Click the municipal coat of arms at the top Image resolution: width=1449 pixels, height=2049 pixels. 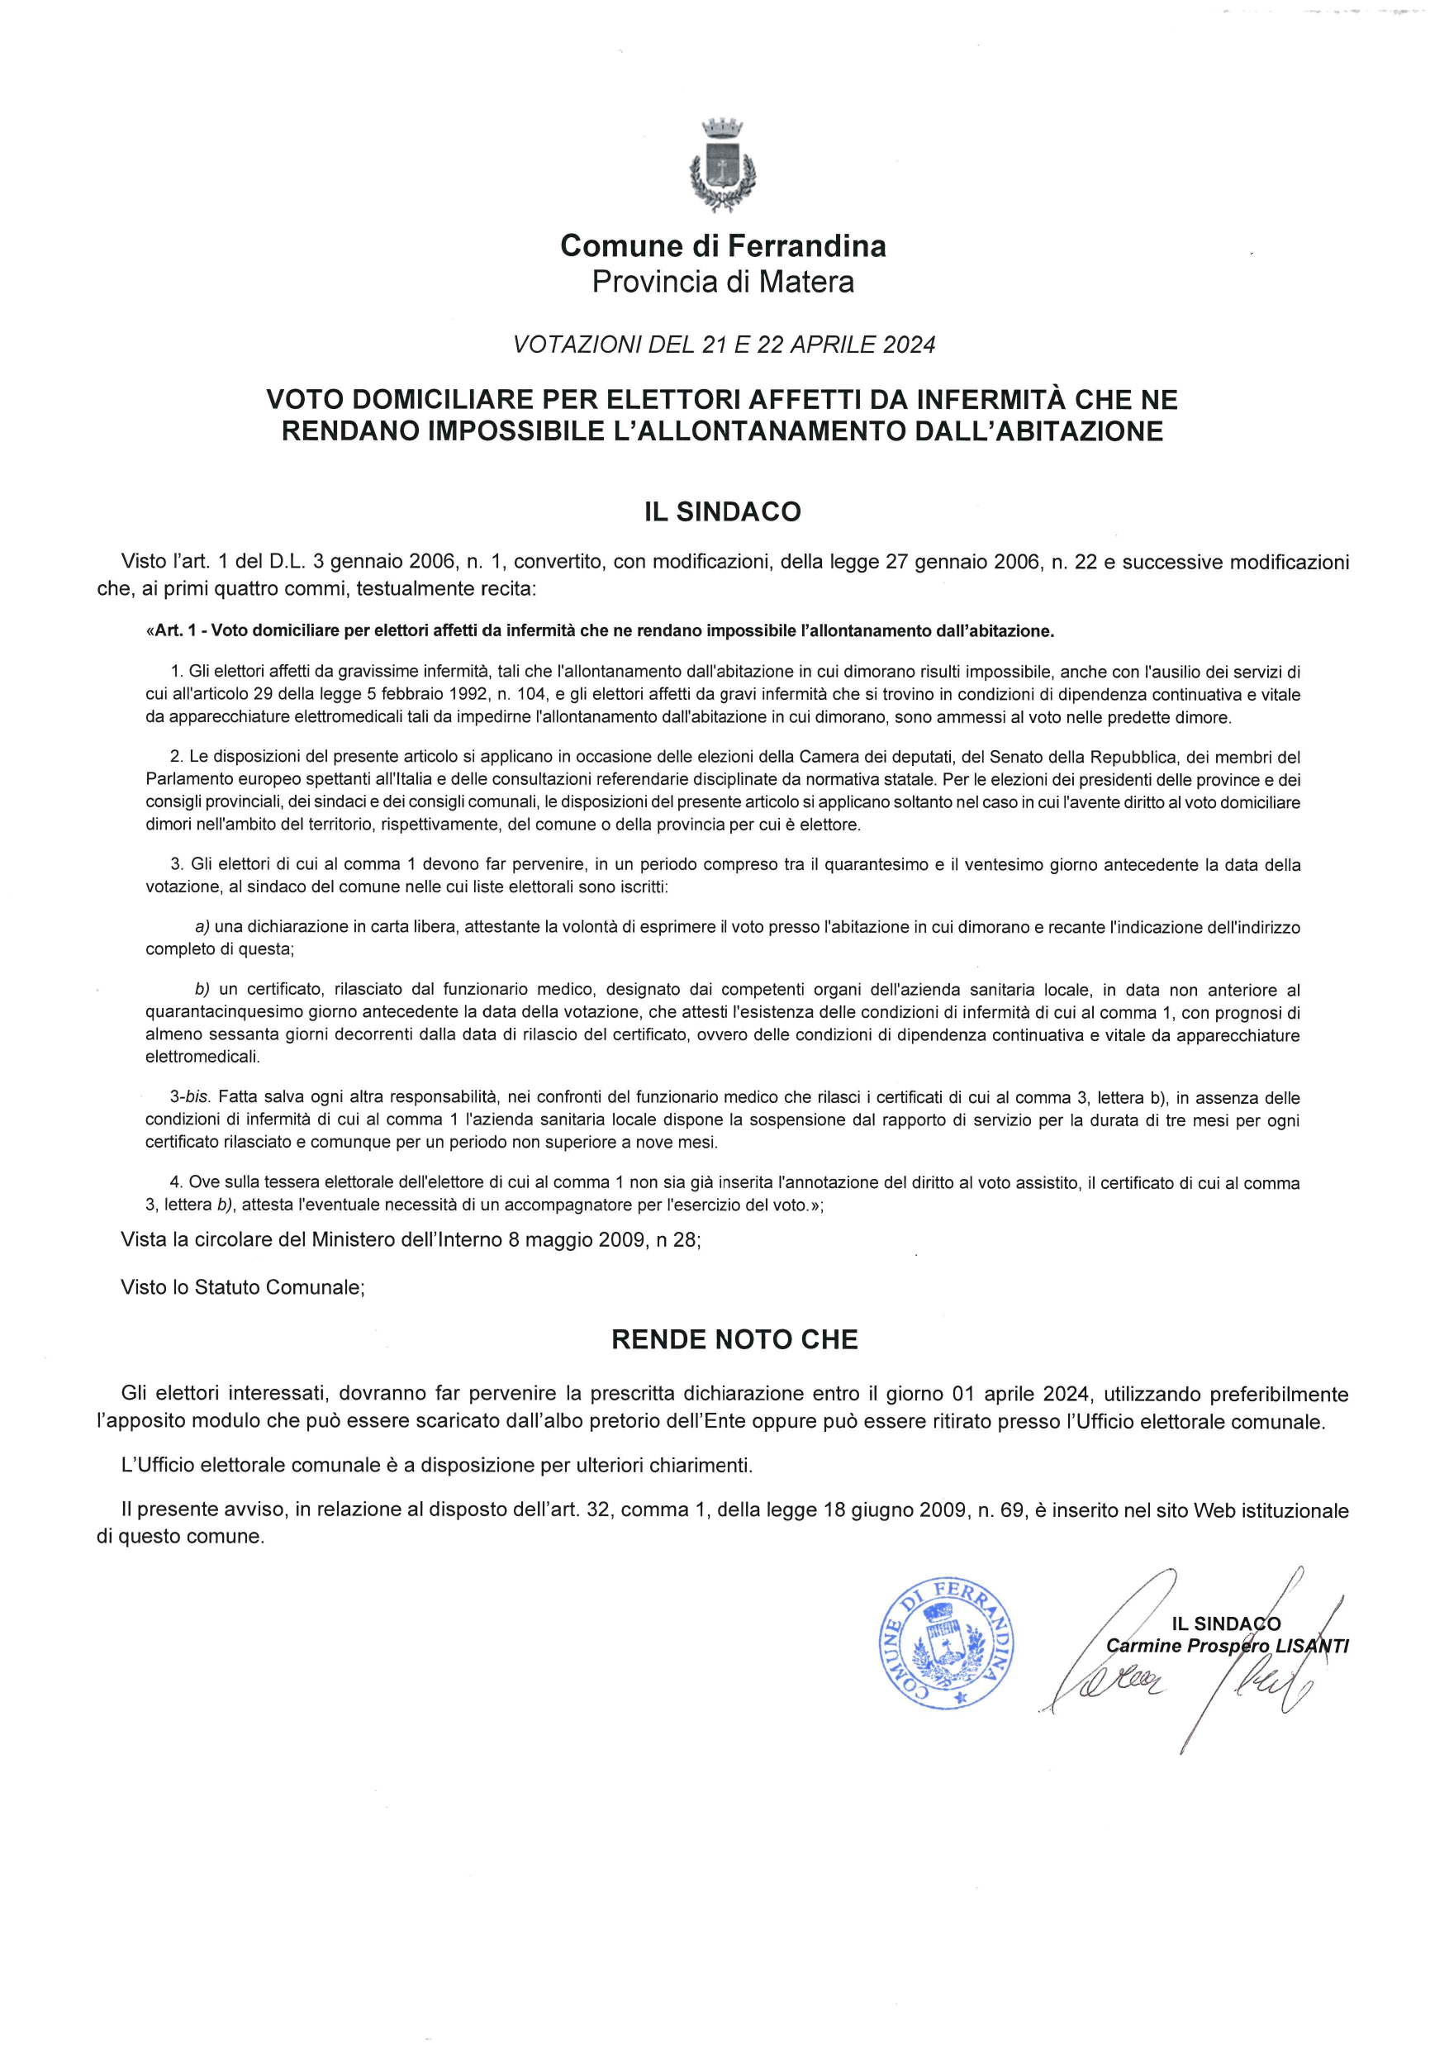723,166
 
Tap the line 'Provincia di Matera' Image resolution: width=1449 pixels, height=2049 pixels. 723,282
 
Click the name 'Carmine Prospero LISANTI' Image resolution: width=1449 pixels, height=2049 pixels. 1227,1646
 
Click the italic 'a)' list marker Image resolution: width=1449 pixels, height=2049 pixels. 202,926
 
